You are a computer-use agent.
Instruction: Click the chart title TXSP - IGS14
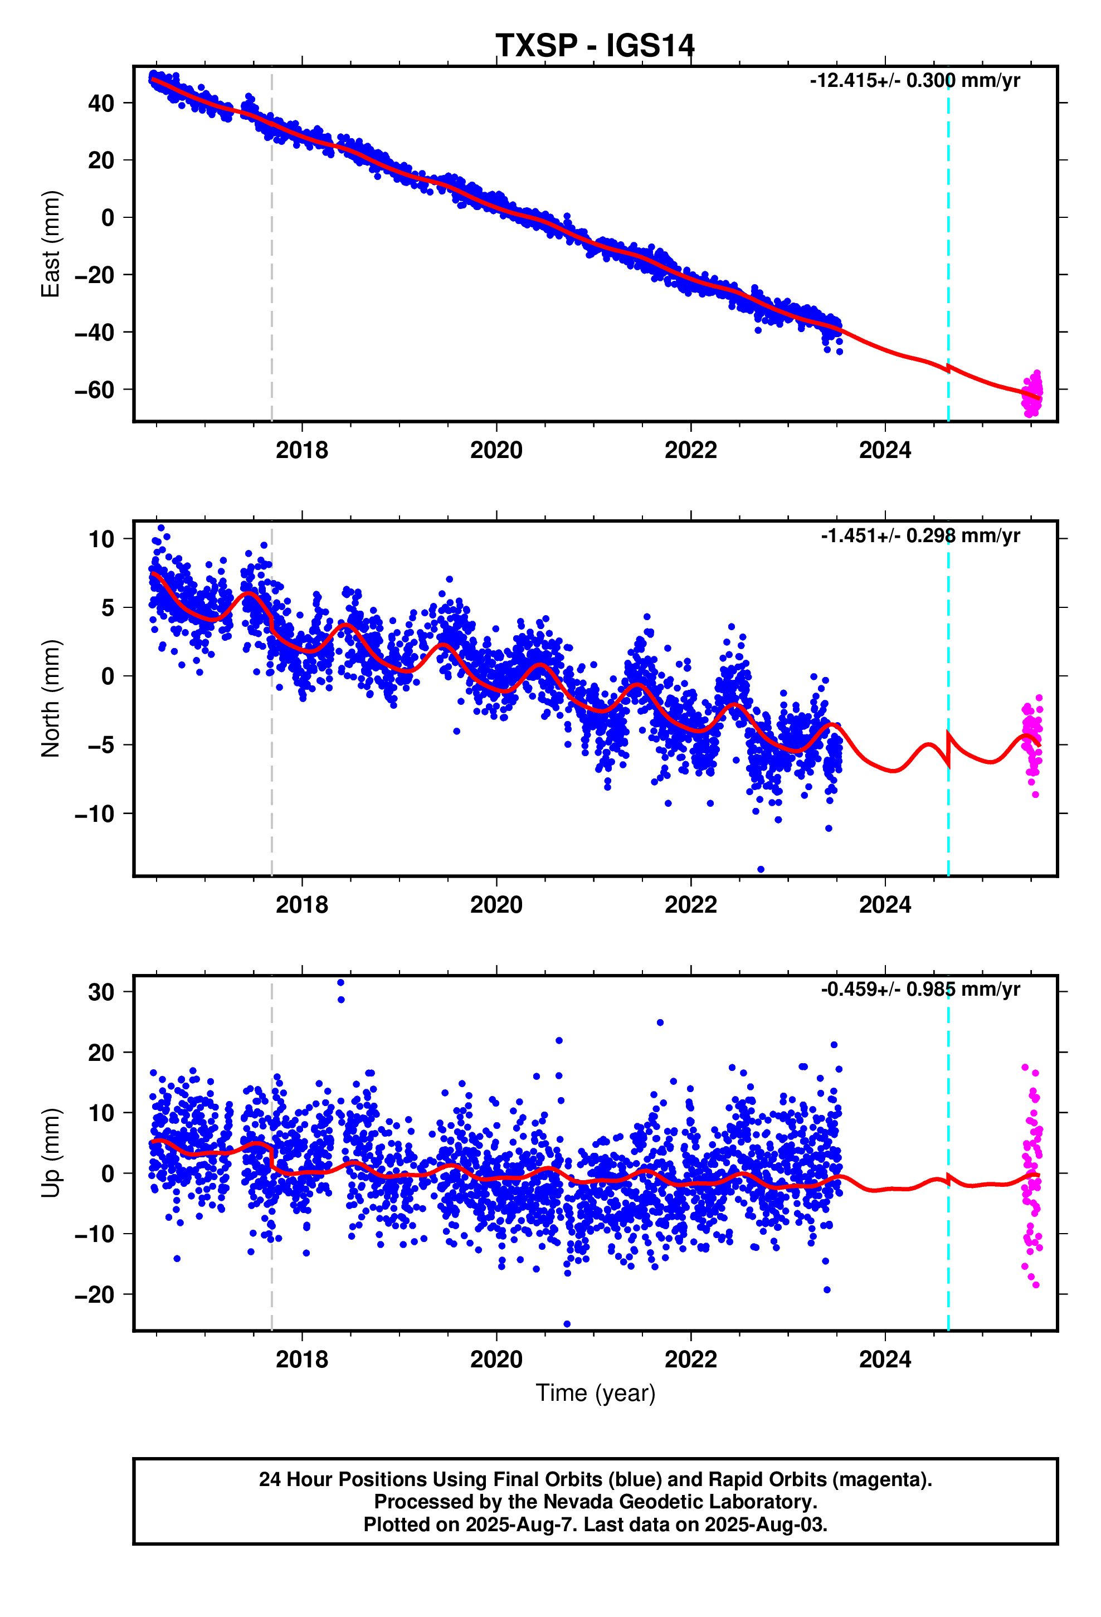pyautogui.click(x=595, y=46)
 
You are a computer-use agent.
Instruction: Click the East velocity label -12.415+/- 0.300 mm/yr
pyautogui.click(x=914, y=81)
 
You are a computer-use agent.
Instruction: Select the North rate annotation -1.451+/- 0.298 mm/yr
pyautogui.click(x=919, y=536)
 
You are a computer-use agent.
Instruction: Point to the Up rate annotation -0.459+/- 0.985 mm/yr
pyautogui.click(x=919, y=990)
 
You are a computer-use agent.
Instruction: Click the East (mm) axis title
pyautogui.click(x=51, y=243)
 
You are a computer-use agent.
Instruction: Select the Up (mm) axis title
pyautogui.click(x=51, y=1153)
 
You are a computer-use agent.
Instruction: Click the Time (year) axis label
pyautogui.click(x=595, y=1393)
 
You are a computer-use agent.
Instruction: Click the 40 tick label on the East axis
pyautogui.click(x=100, y=104)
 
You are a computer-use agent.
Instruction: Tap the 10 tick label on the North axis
pyautogui.click(x=100, y=539)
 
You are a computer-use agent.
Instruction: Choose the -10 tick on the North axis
pyautogui.click(x=94, y=814)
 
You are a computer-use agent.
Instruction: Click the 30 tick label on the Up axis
pyautogui.click(x=100, y=992)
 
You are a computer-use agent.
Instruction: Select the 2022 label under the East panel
pyautogui.click(x=690, y=450)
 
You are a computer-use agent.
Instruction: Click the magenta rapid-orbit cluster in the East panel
pyautogui.click(x=1032, y=394)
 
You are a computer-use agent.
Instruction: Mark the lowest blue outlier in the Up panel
pyautogui.click(x=567, y=1323)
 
